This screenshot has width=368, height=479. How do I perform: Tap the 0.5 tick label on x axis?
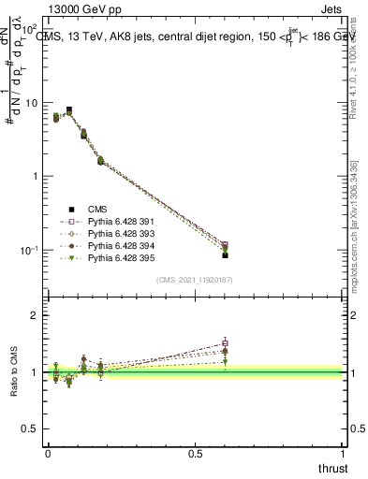coord(195,454)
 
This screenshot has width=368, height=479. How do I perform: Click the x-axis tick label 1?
coord(343,454)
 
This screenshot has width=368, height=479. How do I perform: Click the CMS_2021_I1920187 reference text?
coord(195,280)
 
